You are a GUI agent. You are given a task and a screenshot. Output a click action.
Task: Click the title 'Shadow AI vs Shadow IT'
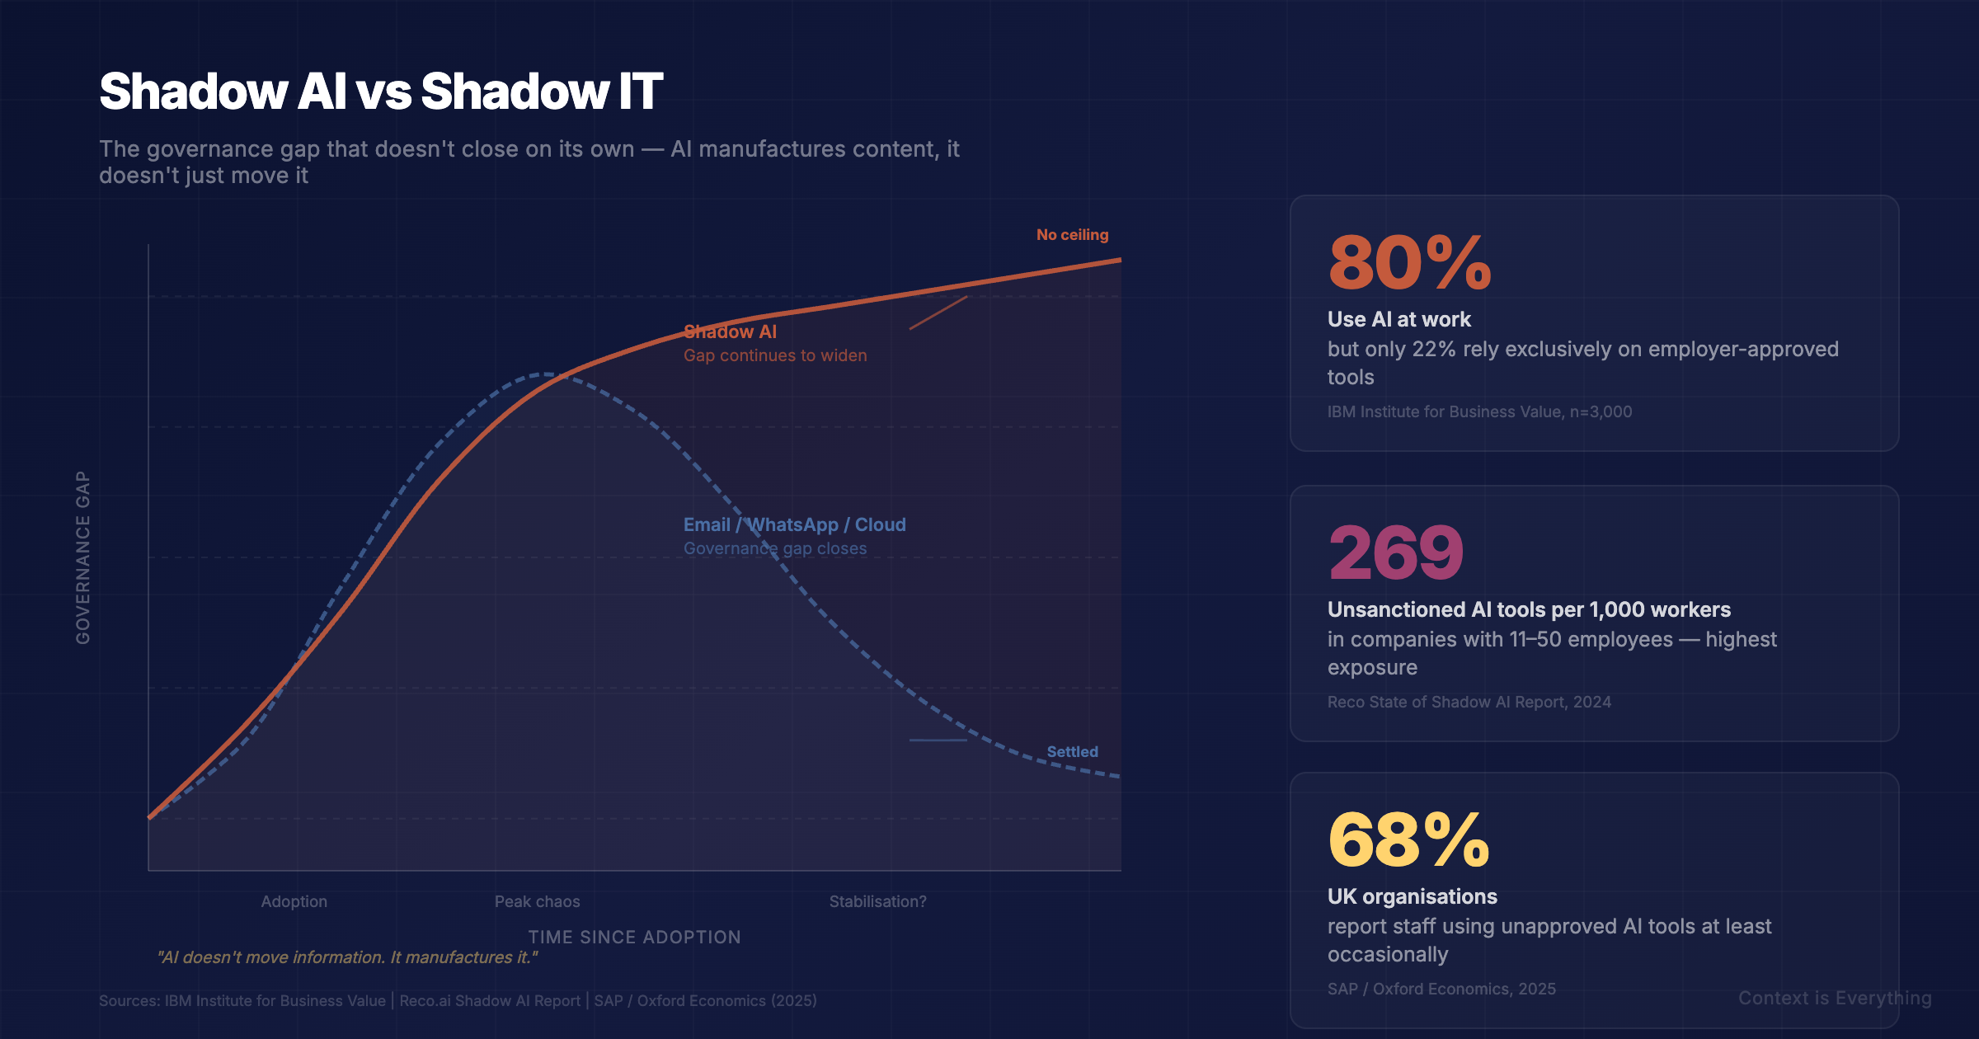point(380,91)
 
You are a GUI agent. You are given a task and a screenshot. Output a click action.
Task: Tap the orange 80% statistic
point(1409,263)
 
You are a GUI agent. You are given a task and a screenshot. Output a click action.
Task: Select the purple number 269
point(1395,552)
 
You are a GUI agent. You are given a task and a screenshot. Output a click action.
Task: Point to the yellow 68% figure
point(1408,839)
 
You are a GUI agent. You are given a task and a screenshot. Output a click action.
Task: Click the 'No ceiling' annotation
point(1072,235)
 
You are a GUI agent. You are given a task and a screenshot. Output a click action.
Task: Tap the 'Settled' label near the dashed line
point(1072,752)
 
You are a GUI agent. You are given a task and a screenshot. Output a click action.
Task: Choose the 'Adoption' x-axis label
point(294,902)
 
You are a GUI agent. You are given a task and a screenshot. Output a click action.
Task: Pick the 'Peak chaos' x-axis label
point(537,902)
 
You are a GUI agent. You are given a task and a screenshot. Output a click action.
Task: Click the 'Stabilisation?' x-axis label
point(877,902)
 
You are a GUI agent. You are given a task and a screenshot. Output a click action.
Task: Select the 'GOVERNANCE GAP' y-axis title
point(83,557)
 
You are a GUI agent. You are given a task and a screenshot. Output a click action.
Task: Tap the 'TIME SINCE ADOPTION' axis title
point(634,938)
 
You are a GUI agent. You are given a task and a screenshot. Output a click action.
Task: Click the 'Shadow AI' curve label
point(730,331)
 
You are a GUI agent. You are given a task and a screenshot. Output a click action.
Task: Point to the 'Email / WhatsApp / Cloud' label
point(794,525)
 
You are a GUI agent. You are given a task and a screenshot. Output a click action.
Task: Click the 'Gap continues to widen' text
point(775,355)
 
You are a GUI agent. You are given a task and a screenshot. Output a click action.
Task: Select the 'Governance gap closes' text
point(775,548)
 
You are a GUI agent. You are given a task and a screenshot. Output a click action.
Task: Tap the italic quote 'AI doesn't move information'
point(347,957)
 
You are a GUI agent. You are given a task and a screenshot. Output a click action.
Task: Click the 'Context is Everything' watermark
point(1835,999)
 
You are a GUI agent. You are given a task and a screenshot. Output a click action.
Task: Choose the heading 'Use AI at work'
point(1398,319)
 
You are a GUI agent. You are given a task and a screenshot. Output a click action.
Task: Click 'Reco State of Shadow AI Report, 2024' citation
point(1469,702)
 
